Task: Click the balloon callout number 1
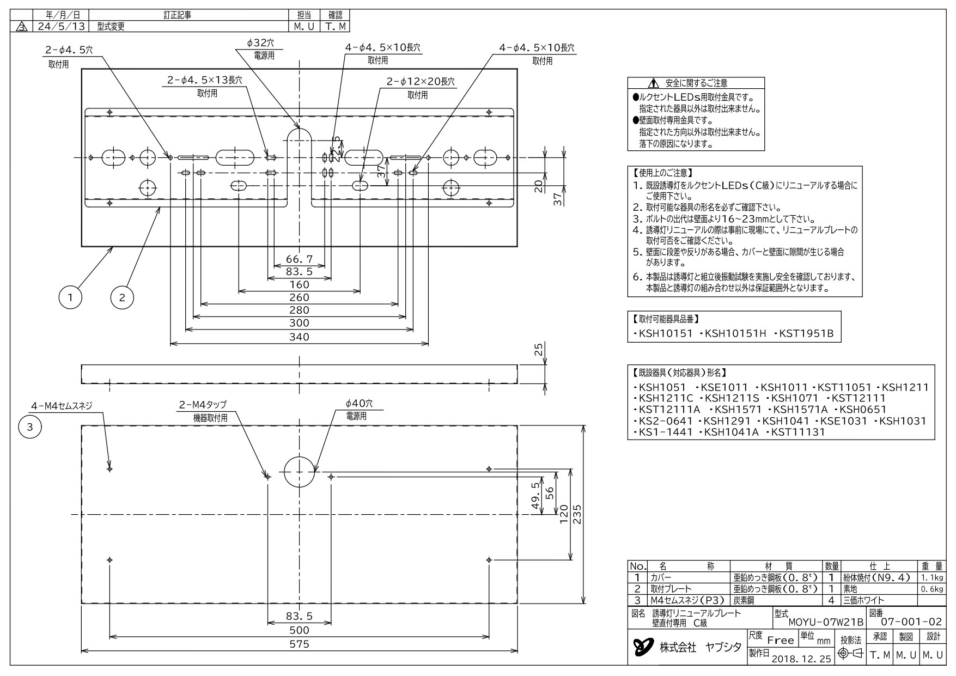pyautogui.click(x=70, y=297)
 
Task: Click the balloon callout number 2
pyautogui.click(x=122, y=297)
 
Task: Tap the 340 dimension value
pyautogui.click(x=299, y=337)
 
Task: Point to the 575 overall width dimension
pyautogui.click(x=299, y=644)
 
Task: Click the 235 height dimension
pyautogui.click(x=579, y=514)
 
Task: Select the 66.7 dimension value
pyautogui.click(x=299, y=259)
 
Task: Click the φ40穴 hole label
pyautogui.click(x=359, y=404)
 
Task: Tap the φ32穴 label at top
pyautogui.click(x=260, y=43)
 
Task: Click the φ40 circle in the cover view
pyautogui.click(x=300, y=456)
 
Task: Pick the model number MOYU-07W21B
pyautogui.click(x=826, y=622)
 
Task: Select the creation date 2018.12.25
pyautogui.click(x=801, y=659)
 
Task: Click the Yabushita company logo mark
pyautogui.click(x=643, y=647)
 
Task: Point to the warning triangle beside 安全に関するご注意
pyautogui.click(x=654, y=83)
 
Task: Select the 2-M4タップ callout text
pyautogui.click(x=203, y=405)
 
